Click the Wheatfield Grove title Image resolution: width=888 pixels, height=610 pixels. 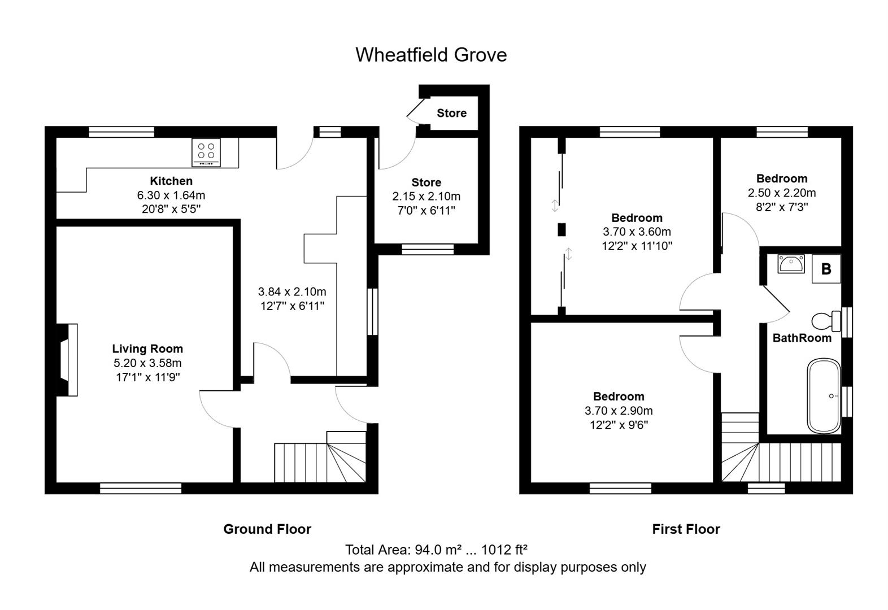click(x=431, y=55)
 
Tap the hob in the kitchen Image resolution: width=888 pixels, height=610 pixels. click(x=206, y=152)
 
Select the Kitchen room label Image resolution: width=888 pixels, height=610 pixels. click(x=171, y=181)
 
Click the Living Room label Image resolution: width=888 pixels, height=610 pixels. click(x=147, y=349)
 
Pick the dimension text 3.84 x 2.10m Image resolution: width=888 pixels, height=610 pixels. click(x=292, y=292)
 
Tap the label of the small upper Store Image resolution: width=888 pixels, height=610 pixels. click(x=451, y=113)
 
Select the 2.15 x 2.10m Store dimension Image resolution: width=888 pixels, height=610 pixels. click(x=426, y=197)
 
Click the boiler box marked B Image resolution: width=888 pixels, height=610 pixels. click(x=826, y=269)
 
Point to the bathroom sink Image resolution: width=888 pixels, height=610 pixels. click(x=791, y=264)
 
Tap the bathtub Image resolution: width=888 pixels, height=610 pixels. click(x=824, y=396)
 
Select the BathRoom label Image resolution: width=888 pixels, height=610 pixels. click(x=802, y=338)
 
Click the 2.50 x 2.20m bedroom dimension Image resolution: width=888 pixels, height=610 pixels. click(x=782, y=193)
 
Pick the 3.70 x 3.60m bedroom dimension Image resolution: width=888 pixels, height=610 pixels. click(x=637, y=232)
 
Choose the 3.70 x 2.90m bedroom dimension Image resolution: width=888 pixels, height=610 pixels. click(x=619, y=411)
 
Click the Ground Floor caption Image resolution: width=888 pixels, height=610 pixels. click(x=267, y=529)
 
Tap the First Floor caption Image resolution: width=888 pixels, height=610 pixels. click(x=686, y=529)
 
